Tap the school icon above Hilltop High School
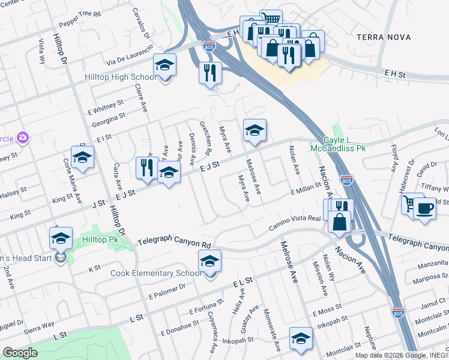(x=164, y=65)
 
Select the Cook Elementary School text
(x=156, y=274)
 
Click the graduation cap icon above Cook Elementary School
(x=209, y=261)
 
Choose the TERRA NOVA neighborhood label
(x=384, y=37)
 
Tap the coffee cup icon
(x=425, y=208)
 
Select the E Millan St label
(x=307, y=190)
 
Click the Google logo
(x=20, y=353)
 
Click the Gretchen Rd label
(x=204, y=136)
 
